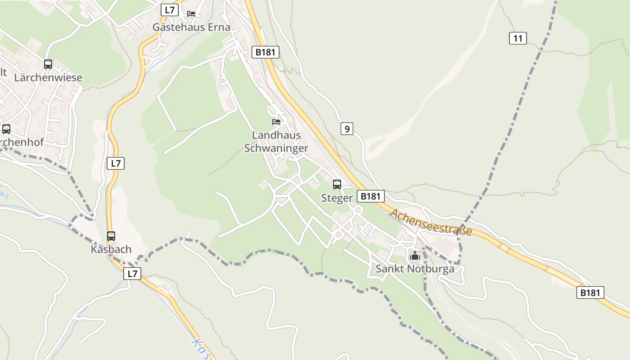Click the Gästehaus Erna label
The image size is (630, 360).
191,27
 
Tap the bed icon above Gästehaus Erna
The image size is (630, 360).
191,13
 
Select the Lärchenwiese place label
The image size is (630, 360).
48,77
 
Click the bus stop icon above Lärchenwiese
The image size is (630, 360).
48,64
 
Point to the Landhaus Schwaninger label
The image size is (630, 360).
276,141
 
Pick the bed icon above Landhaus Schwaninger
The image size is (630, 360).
276,122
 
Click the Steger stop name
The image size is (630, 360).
337,198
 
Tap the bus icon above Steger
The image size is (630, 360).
337,184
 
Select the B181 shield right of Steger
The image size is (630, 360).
371,196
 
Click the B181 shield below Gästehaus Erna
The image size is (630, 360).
265,52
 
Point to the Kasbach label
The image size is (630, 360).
111,249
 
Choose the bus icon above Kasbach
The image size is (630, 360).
111,236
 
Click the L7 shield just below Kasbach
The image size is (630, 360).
132,273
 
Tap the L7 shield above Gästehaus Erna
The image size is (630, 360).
170,10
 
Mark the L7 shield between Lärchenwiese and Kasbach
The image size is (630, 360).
116,163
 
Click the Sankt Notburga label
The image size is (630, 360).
415,269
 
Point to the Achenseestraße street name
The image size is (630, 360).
431,222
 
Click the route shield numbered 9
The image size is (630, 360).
346,129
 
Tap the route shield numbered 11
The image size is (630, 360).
518,38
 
